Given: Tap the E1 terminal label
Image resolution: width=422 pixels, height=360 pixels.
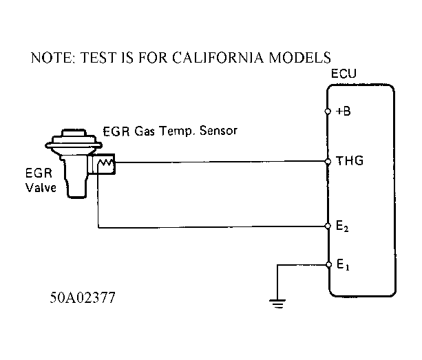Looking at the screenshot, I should pyautogui.click(x=342, y=265).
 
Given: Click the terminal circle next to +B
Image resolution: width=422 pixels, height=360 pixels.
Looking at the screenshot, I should pyautogui.click(x=327, y=111).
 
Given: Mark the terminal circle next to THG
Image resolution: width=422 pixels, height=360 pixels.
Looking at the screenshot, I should pyautogui.click(x=327, y=162).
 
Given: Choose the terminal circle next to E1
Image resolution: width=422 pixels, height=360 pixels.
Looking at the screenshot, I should pyautogui.click(x=327, y=264).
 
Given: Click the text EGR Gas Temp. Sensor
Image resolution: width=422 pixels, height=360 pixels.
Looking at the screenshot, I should pyautogui.click(x=169, y=131).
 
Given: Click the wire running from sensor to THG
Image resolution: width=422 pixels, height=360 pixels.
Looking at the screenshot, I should pyautogui.click(x=220, y=162).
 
